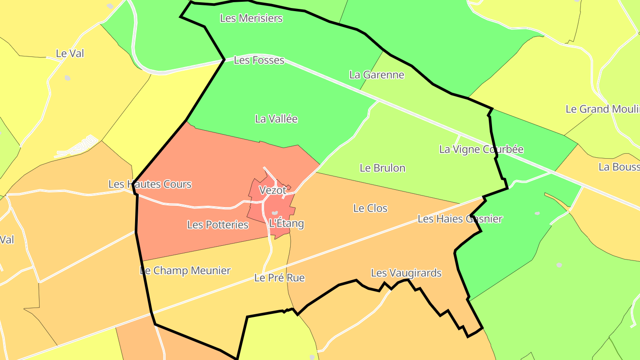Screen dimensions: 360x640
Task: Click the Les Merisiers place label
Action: tap(252, 18)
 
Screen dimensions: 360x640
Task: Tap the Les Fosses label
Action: tap(259, 60)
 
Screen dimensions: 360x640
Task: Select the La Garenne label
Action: tap(377, 75)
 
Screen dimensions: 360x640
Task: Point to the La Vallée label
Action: tap(276, 119)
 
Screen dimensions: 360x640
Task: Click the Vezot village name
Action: tap(272, 190)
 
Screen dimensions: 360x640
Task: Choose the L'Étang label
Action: tap(287, 223)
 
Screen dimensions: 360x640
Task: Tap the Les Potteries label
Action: tap(218, 225)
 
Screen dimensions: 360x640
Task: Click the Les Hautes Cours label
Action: tap(150, 184)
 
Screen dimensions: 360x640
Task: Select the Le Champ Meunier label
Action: tap(185, 271)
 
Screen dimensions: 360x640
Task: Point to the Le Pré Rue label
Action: tap(280, 278)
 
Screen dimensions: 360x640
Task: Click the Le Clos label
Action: tap(370, 208)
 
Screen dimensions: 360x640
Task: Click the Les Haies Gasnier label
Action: tap(460, 219)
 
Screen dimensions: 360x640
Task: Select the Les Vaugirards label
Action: tap(406, 273)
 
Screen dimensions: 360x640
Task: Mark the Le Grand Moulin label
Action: tap(603, 109)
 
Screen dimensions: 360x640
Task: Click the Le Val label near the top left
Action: tap(70, 53)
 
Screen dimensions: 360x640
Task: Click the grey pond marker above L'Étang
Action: tap(275, 213)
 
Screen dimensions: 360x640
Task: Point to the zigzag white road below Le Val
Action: tap(76, 147)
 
